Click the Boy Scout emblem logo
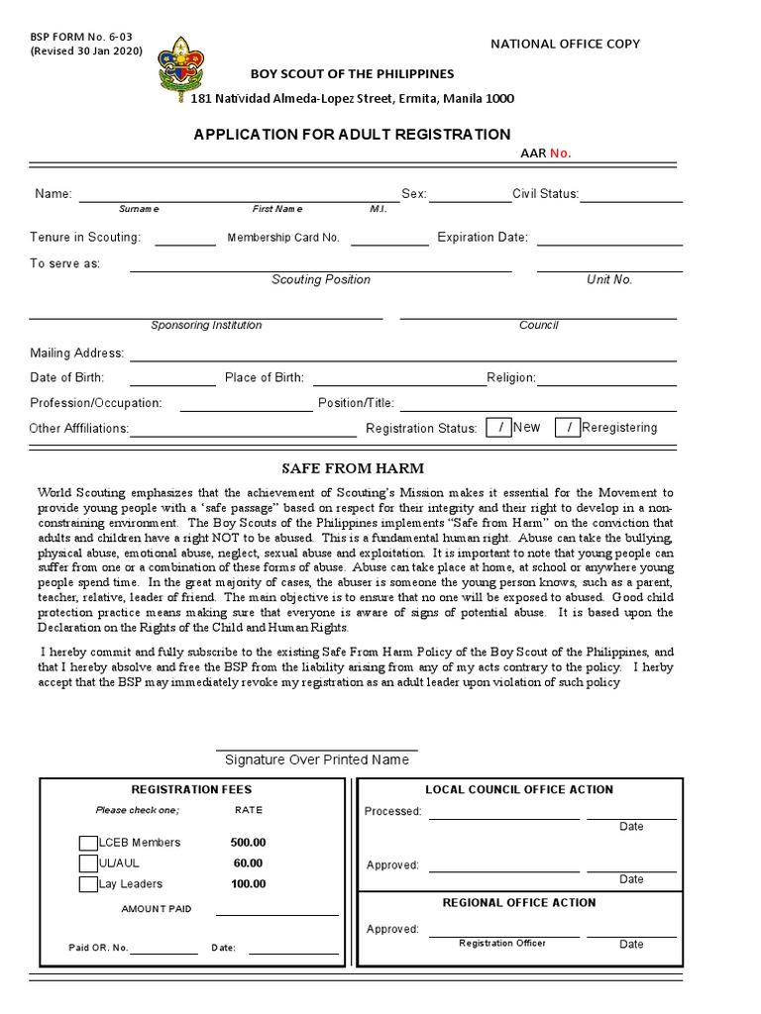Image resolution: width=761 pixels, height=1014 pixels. (180, 69)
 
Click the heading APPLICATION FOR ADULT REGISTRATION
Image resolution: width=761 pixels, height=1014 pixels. (352, 135)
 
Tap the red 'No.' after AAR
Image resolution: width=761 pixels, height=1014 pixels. (561, 153)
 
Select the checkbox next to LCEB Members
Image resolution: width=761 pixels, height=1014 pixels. (88, 843)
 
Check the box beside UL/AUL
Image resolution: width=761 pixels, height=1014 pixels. (88, 863)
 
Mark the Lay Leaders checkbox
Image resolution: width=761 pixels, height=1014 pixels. (88, 884)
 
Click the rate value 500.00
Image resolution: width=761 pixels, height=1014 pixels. (248, 843)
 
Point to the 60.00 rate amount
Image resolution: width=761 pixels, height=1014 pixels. (248, 863)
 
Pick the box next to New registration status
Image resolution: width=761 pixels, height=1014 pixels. (499, 428)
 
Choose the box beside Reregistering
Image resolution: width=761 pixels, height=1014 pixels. (568, 428)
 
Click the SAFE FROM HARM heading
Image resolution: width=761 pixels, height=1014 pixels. (353, 468)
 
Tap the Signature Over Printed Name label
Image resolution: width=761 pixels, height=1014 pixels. (316, 760)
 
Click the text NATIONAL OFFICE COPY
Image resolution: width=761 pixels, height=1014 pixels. (565, 44)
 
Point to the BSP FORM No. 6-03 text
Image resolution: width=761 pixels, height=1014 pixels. (80, 37)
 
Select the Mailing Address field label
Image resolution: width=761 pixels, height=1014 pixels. (77, 354)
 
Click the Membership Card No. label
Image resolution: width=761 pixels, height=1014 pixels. (283, 238)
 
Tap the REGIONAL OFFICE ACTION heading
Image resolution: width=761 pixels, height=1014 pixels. (518, 903)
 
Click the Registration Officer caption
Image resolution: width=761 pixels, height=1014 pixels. (501, 944)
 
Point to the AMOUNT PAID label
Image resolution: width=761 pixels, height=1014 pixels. (157, 909)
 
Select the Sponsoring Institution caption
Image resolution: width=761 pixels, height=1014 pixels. (206, 326)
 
